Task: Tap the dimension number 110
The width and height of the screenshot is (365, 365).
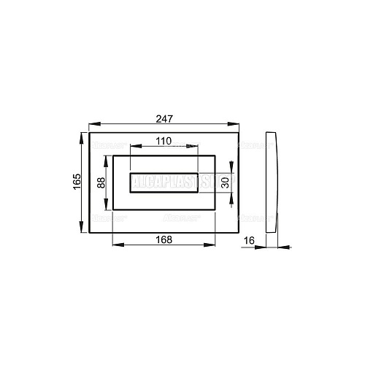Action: (x=164, y=140)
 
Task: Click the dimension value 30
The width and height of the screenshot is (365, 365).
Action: (x=226, y=184)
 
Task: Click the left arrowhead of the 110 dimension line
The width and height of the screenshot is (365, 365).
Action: (x=133, y=147)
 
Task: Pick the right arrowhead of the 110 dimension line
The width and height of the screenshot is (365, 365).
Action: (x=196, y=147)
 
